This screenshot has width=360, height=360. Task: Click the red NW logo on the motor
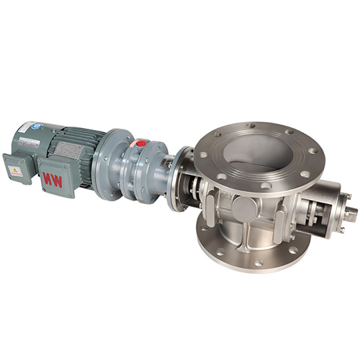point(53,179)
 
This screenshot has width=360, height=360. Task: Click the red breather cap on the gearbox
point(141,143)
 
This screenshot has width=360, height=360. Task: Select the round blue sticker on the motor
point(29,127)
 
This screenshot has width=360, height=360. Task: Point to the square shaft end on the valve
point(351,213)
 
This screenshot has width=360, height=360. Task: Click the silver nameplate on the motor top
point(29,141)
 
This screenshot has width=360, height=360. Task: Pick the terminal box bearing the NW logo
point(55,177)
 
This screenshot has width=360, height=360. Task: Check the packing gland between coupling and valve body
point(196,193)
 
